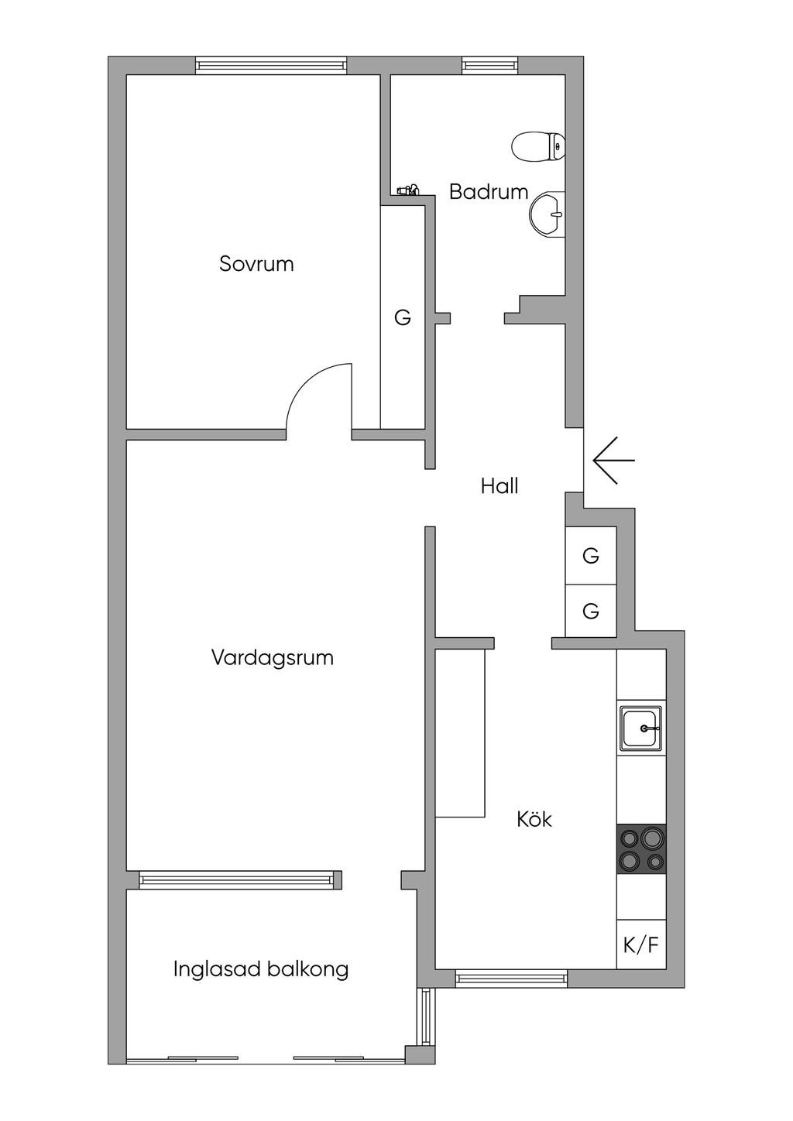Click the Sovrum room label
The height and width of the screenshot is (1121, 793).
click(x=256, y=264)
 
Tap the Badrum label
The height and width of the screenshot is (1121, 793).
click(x=488, y=192)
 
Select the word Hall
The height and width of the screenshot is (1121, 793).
click(x=499, y=486)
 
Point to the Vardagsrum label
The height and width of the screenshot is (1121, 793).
click(x=273, y=657)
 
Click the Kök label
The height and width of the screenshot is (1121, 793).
click(x=534, y=819)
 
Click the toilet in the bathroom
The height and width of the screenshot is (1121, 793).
click(x=538, y=146)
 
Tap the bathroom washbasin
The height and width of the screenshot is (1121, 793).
click(x=548, y=214)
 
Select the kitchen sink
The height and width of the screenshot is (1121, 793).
click(x=640, y=728)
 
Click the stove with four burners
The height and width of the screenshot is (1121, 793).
click(x=641, y=849)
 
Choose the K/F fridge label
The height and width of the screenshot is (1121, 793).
click(x=641, y=945)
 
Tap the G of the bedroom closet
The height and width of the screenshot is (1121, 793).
click(x=403, y=317)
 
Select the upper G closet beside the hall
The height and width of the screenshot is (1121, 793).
click(x=591, y=556)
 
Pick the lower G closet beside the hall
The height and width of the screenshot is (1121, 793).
click(x=591, y=611)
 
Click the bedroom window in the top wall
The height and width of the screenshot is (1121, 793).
click(x=271, y=66)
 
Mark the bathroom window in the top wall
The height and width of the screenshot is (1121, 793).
click(x=489, y=66)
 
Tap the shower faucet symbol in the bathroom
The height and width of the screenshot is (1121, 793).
click(x=409, y=190)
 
